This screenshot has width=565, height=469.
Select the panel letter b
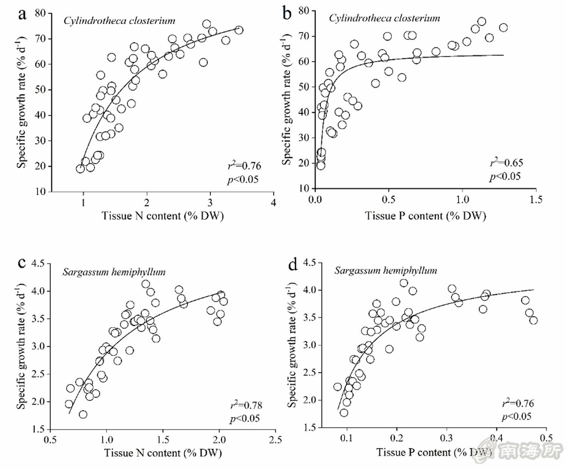(287, 14)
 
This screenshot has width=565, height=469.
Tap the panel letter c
(22, 262)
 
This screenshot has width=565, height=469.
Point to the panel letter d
(293, 265)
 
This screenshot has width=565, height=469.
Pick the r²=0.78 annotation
(246, 405)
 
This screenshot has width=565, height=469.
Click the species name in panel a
(119, 21)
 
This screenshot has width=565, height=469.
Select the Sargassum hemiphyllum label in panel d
(386, 270)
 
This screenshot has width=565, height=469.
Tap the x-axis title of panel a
(162, 216)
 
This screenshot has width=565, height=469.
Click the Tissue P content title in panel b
(425, 216)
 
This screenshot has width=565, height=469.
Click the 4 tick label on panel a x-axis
(274, 203)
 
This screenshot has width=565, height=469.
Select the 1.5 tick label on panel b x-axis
(536, 199)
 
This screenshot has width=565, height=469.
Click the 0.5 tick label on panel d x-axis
(546, 438)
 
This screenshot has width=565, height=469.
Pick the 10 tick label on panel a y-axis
(40, 191)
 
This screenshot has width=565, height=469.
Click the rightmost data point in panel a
(239, 30)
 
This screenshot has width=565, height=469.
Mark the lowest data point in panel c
(83, 414)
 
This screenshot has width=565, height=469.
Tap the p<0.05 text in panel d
(516, 416)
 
